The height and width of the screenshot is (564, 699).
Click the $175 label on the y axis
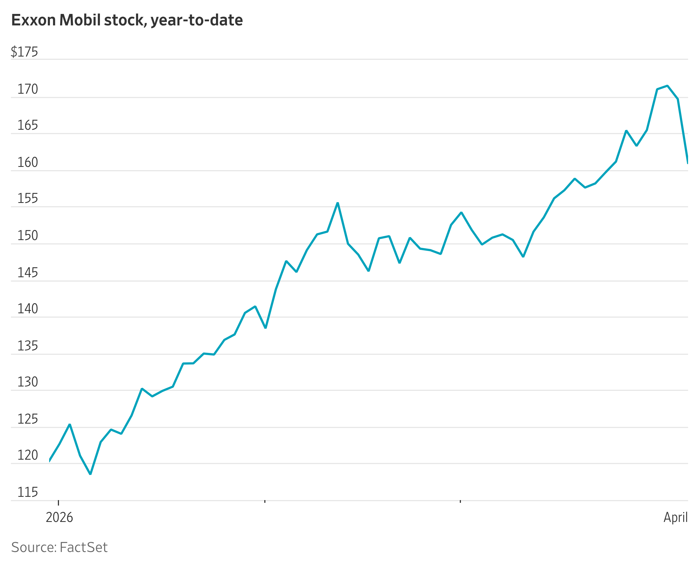pyautogui.click(x=24, y=52)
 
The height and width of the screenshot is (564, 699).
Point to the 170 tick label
pyautogui.click(x=27, y=89)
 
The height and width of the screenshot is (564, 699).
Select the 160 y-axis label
pyautogui.click(x=27, y=162)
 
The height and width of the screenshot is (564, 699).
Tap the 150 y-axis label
pyautogui.click(x=27, y=235)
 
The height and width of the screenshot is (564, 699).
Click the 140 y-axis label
pyautogui.click(x=27, y=308)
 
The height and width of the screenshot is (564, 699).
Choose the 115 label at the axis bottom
pyautogui.click(x=27, y=492)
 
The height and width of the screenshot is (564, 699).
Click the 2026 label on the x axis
pyautogui.click(x=59, y=517)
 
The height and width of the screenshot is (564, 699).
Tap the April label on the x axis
pyautogui.click(x=675, y=517)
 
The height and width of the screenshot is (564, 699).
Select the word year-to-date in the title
pyautogui.click(x=197, y=20)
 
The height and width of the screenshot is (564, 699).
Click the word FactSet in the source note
pyautogui.click(x=84, y=547)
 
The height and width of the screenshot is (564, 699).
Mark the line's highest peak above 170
pyautogui.click(x=667, y=86)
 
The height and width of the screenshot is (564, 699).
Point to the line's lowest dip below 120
pyautogui.click(x=90, y=474)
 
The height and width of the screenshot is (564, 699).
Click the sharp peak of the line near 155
pyautogui.click(x=338, y=203)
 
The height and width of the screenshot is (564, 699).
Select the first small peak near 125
pyautogui.click(x=70, y=424)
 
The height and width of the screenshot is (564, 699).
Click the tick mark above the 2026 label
pyautogui.click(x=58, y=503)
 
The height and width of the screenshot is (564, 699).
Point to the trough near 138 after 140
pyautogui.click(x=265, y=328)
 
